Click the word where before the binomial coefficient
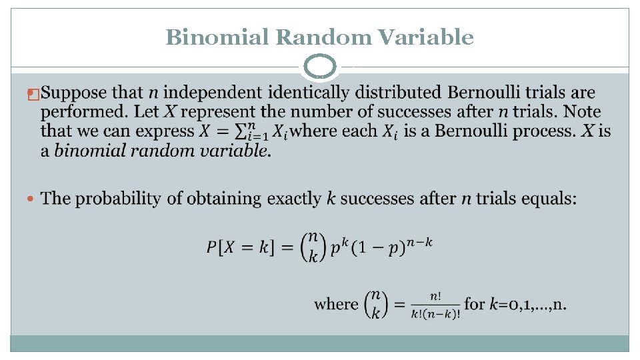(336, 304)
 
